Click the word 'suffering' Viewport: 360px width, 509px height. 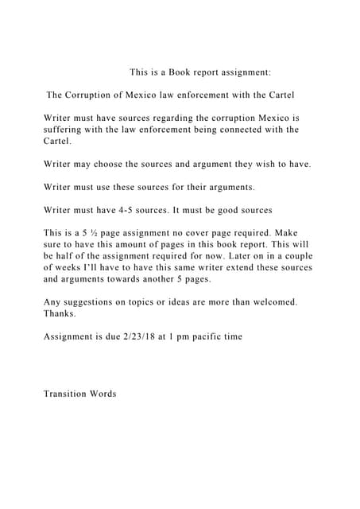click(64, 130)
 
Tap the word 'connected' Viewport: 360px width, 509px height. click(230, 130)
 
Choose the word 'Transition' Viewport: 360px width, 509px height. click(69, 394)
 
